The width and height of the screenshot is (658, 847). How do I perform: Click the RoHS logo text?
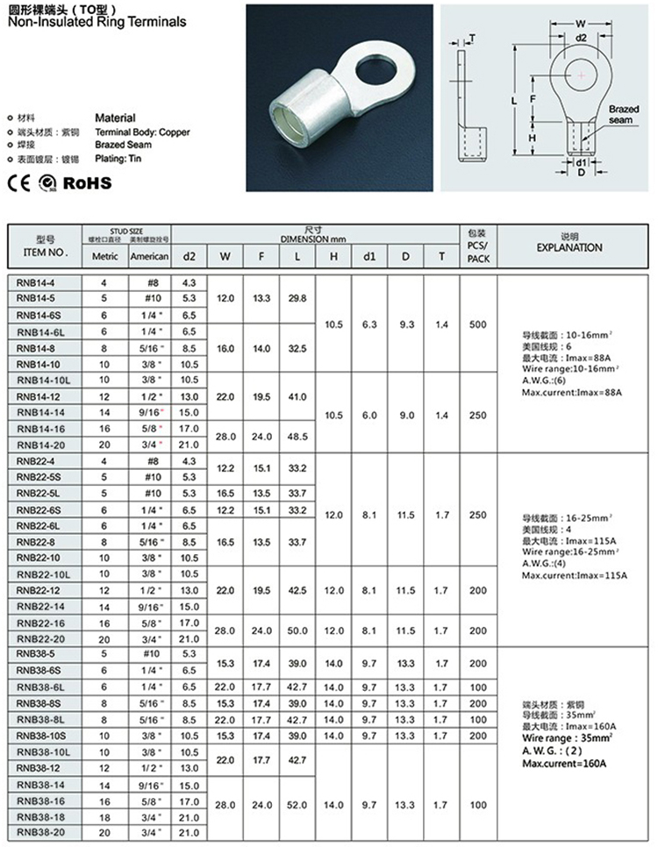click(x=89, y=183)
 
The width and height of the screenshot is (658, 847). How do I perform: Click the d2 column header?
click(x=189, y=256)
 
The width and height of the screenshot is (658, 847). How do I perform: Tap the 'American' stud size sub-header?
click(x=149, y=256)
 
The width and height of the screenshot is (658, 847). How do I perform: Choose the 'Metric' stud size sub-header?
click(x=104, y=256)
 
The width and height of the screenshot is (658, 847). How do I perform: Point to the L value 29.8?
click(x=297, y=298)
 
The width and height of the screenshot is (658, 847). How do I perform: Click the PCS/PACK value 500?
click(x=477, y=324)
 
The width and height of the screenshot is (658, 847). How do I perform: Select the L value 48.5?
click(x=297, y=435)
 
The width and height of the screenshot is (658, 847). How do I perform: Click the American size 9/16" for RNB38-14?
click(x=149, y=785)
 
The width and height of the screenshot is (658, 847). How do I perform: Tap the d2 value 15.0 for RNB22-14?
click(x=189, y=606)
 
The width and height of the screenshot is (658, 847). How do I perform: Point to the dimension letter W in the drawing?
click(x=581, y=24)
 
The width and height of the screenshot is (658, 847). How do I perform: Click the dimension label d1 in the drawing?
click(x=580, y=162)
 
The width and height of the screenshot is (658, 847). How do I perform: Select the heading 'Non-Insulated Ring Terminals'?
click(x=97, y=22)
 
